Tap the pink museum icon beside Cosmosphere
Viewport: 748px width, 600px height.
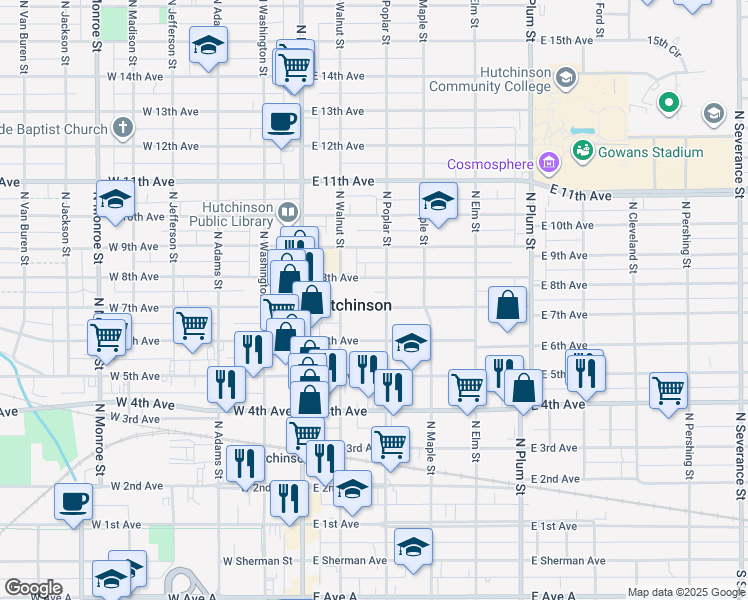click(x=547, y=163)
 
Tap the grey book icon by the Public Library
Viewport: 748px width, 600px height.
click(x=288, y=212)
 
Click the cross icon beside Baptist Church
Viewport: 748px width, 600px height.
click(x=121, y=128)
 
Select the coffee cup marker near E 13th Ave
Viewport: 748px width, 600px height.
click(x=281, y=122)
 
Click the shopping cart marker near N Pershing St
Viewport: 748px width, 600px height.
click(x=668, y=390)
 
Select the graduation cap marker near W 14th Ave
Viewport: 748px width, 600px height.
click(x=209, y=45)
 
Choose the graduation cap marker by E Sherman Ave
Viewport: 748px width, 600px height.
click(x=413, y=547)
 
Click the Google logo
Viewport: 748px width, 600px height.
click(x=33, y=588)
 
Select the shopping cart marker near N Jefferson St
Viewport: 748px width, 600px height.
click(x=192, y=324)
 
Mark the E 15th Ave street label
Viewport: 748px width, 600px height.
click(x=567, y=40)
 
